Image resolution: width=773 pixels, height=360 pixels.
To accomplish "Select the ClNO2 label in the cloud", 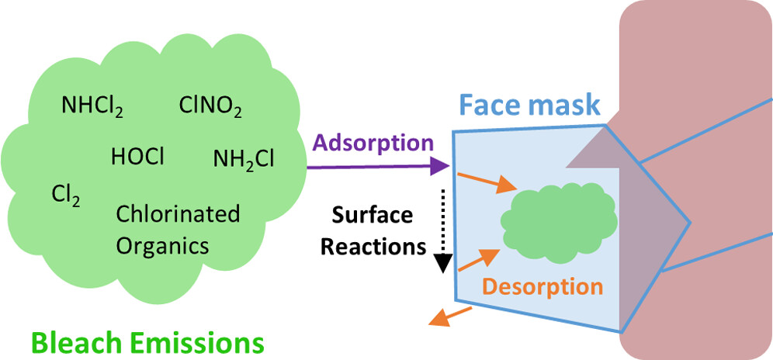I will [209, 105].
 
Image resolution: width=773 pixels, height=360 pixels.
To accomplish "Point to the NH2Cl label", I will [243, 159].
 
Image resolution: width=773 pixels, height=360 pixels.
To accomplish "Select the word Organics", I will [162, 245].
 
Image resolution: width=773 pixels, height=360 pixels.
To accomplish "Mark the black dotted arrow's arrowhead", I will [442, 265].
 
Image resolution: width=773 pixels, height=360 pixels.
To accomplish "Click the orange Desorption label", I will [542, 286].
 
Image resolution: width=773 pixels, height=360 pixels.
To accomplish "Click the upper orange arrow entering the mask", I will [486, 183].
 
